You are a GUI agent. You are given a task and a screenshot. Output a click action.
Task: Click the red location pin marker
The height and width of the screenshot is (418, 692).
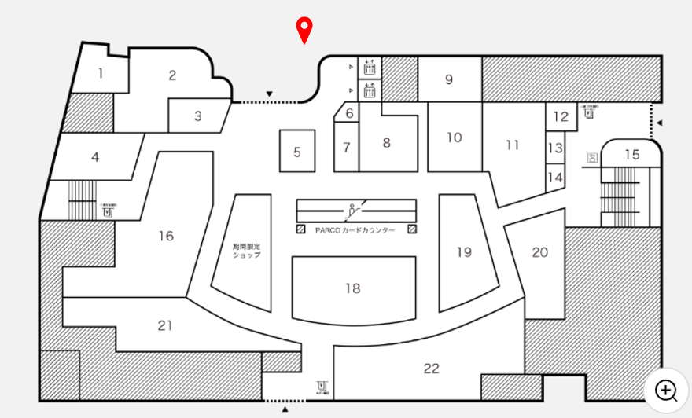[304, 29]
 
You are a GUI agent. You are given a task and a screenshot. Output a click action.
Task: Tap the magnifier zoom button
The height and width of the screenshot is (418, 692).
[667, 390]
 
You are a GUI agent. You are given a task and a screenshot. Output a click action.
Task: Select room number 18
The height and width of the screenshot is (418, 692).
[352, 288]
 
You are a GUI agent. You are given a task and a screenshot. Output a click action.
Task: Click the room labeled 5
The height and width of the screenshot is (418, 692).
[297, 152]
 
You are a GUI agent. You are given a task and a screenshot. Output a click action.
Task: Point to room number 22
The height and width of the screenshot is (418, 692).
[431, 368]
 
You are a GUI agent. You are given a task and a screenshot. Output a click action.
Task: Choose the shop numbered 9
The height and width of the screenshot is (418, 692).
[449, 79]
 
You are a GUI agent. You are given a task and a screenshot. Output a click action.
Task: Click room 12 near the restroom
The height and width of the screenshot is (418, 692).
[560, 117]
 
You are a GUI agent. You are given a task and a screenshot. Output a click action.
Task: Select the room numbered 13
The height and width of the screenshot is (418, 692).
[555, 148]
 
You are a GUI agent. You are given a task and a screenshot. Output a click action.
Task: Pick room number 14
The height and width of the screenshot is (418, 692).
[555, 178]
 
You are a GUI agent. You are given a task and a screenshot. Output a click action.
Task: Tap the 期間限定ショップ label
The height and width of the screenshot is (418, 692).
[246, 251]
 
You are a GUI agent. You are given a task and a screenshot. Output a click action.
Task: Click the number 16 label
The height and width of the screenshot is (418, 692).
[165, 236]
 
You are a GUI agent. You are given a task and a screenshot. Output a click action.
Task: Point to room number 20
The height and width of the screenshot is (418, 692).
[539, 252]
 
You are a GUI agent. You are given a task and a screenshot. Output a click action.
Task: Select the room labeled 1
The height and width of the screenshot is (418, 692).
[101, 74]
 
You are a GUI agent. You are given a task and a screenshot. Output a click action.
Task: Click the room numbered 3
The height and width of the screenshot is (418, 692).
[198, 116]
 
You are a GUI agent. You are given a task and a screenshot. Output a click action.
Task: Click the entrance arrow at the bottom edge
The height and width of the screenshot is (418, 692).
[285, 409]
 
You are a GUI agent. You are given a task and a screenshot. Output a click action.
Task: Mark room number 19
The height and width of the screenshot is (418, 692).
[464, 252]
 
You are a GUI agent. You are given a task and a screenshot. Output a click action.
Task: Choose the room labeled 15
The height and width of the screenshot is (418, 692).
[632, 155]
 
